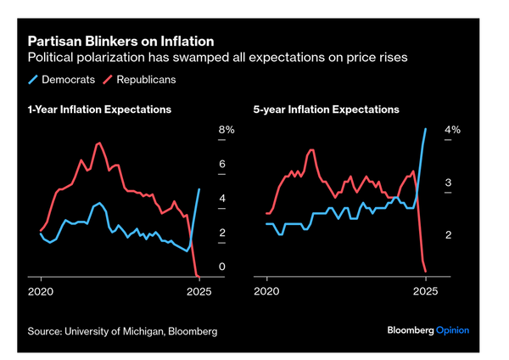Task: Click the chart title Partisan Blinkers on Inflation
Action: (120, 41)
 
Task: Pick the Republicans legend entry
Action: (146, 79)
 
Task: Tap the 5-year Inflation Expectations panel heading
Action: (327, 110)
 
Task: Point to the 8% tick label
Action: (227, 130)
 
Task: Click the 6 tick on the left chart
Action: (222, 164)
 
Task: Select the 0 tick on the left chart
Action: (222, 267)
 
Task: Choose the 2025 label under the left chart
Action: (199, 290)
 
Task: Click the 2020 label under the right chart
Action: (267, 290)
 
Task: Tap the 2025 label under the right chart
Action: (425, 290)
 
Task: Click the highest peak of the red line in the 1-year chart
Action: (99, 143)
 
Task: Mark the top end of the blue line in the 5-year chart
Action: (426, 129)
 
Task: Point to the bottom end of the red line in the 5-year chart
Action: (425, 271)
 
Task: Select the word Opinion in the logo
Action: (452, 330)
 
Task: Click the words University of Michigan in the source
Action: (111, 330)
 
